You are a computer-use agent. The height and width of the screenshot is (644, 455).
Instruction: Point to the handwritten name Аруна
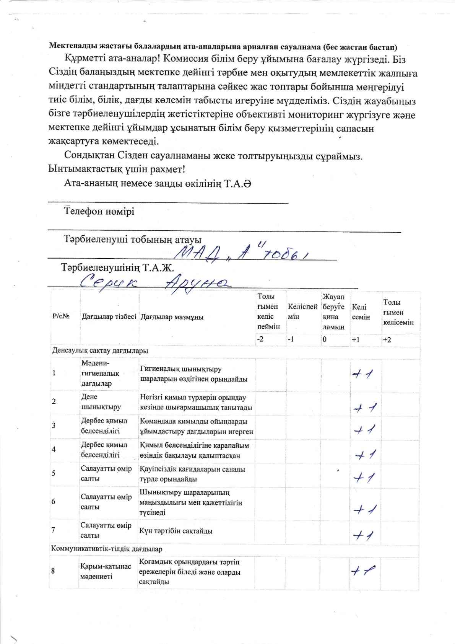[196, 283]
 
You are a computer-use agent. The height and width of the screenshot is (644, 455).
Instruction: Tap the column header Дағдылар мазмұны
[172, 317]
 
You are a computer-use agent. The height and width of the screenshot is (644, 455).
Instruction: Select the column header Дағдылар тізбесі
[109, 317]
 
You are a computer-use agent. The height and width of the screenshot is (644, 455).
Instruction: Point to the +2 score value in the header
[387, 339]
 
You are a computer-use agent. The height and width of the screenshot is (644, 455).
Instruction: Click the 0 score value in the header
[324, 339]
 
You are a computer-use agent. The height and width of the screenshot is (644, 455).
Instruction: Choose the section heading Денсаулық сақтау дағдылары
[100, 351]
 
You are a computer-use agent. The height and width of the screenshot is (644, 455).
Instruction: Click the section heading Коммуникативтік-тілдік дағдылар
[107, 549]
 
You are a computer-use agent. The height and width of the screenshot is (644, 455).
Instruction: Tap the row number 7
[54, 530]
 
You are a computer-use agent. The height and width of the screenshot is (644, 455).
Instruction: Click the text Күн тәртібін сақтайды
[176, 531]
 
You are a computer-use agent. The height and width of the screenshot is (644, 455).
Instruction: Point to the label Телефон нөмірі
[99, 211]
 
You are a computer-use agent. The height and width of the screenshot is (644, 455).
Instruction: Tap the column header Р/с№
[60, 317]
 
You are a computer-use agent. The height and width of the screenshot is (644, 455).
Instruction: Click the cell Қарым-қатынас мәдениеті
[106, 571]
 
